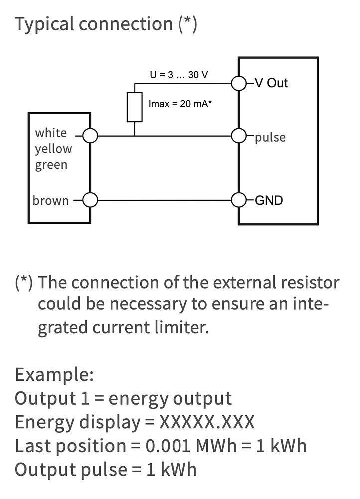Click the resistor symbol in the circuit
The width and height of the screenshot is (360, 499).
tap(135, 107)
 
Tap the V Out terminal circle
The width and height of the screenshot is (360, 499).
tap(239, 83)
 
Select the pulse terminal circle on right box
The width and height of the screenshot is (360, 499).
tap(239, 136)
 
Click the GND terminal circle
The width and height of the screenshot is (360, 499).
tap(239, 200)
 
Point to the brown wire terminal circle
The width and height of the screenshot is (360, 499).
tap(90, 200)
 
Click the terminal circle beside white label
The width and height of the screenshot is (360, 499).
tap(90, 136)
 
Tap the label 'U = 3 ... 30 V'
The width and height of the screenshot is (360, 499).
tap(179, 75)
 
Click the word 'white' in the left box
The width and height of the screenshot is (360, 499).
tap(51, 133)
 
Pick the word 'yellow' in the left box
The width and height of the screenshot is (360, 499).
tap(53, 149)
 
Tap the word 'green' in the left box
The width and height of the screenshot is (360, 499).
tap(51, 165)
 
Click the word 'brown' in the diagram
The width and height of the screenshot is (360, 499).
tap(51, 201)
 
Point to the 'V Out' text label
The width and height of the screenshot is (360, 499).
tap(271, 83)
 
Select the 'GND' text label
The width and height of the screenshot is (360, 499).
tap(269, 201)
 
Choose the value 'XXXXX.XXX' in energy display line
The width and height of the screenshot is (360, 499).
tap(206, 422)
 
